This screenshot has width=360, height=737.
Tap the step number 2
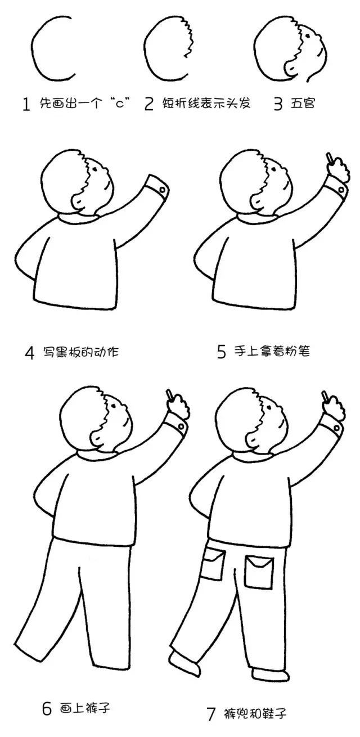tap(148, 105)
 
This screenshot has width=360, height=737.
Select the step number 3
tap(277, 105)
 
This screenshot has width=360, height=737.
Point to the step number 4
tap(30, 353)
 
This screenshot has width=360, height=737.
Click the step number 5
tap(222, 352)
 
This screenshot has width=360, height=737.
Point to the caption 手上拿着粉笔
tap(272, 352)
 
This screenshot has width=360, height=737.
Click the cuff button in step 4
tap(162, 190)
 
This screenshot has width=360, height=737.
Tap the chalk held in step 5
tap(327, 158)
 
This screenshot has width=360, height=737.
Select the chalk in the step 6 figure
tap(168, 393)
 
